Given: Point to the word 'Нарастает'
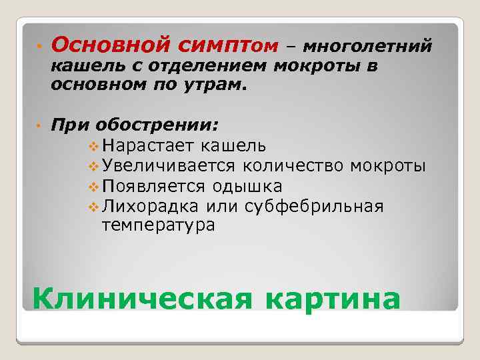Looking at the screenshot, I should pyautogui.click(x=143, y=145).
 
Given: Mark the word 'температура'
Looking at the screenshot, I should pyautogui.click(x=157, y=225).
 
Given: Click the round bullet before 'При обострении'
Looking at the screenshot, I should pyautogui.click(x=39, y=125).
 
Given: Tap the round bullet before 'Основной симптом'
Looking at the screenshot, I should pyautogui.click(x=39, y=45).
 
